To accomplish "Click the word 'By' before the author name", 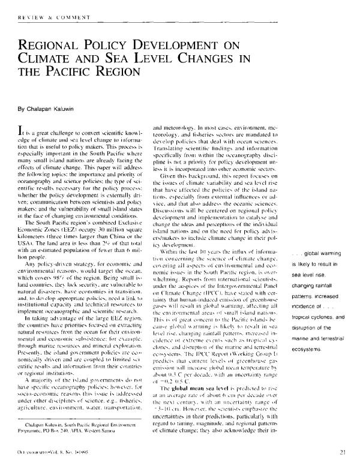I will tap(21, 110).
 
